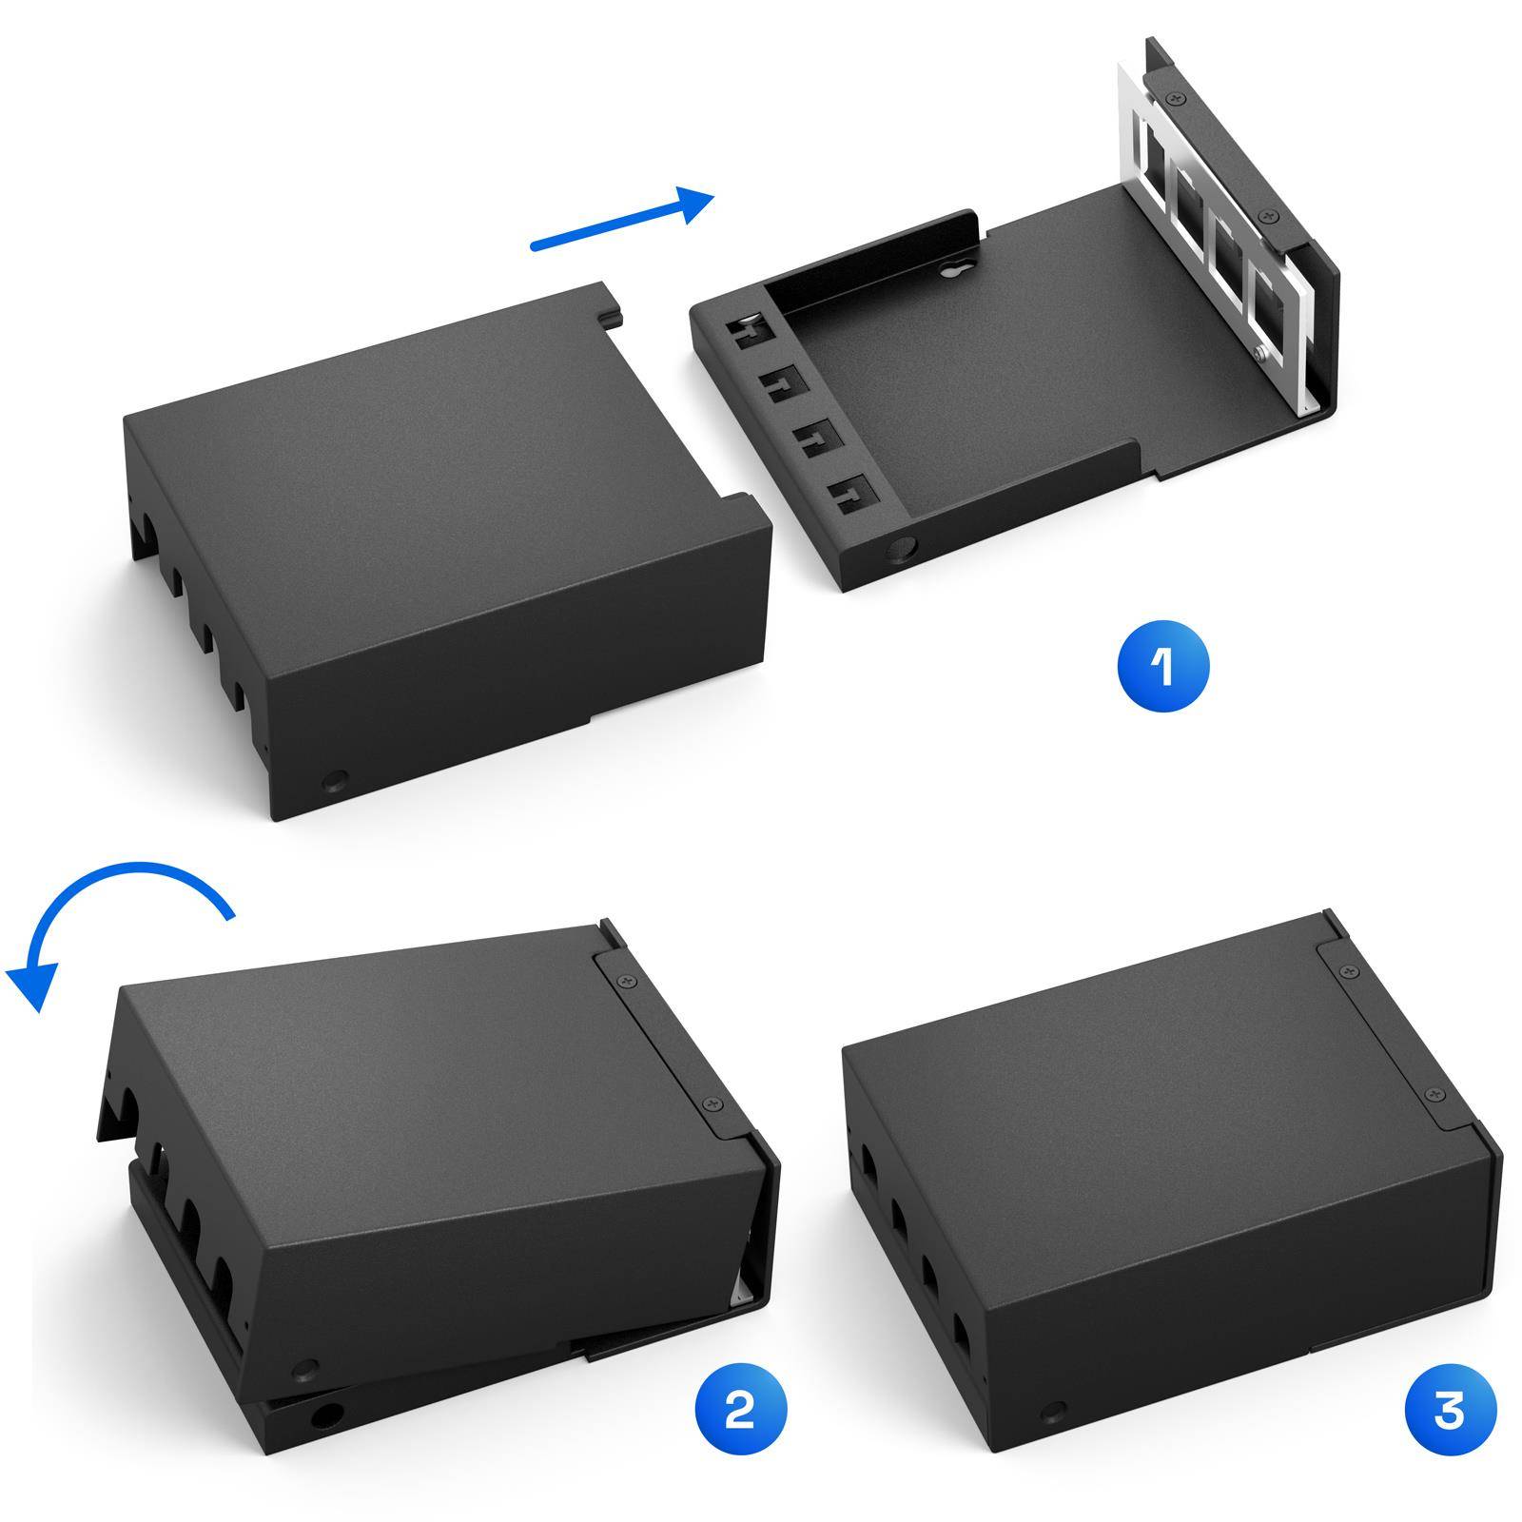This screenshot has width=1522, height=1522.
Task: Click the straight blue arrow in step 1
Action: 622,220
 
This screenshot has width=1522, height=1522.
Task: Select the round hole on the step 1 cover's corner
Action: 335,782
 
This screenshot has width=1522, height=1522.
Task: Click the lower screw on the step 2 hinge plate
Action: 710,1103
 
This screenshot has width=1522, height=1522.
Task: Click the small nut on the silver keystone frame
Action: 1259,354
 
